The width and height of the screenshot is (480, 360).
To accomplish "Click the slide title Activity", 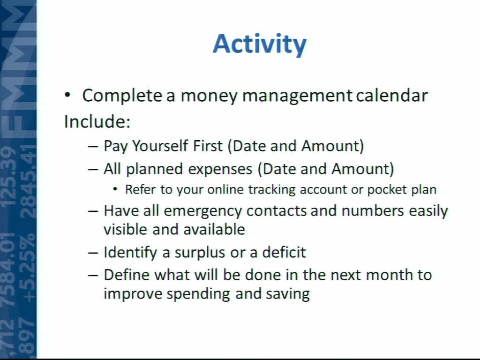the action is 259,45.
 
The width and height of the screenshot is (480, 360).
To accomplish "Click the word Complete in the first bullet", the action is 122,96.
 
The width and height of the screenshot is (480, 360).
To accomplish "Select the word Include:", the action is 97,121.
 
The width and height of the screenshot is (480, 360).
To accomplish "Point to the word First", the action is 208,146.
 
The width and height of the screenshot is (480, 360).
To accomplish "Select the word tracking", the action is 272,190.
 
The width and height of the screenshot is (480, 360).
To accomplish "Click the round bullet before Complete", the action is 67,95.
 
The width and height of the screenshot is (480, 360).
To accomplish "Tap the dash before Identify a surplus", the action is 93,253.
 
